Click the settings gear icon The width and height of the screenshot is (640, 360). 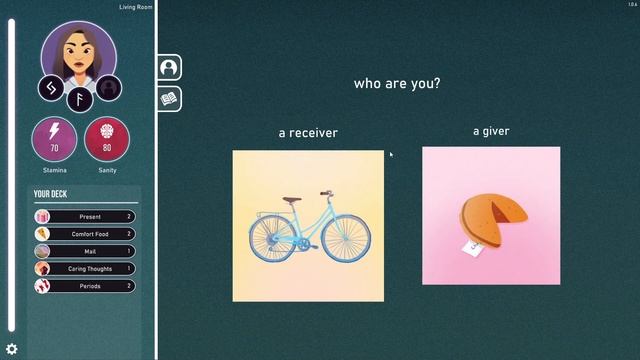(12, 349)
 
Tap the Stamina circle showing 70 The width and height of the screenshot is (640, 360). (54, 140)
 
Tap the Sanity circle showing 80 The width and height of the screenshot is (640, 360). (106, 140)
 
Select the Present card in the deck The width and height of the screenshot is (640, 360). (86, 217)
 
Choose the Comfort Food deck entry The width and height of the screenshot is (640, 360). (86, 234)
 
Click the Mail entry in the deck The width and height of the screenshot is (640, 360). (86, 252)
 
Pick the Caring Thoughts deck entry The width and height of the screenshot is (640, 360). (86, 269)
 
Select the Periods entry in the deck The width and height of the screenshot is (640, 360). (86, 286)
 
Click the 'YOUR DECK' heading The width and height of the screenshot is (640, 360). (50, 194)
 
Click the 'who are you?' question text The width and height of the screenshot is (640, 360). (397, 84)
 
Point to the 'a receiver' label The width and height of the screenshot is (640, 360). (308, 133)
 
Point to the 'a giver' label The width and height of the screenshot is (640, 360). (491, 131)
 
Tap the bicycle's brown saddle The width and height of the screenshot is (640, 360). (291, 199)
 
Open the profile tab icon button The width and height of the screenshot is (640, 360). (169, 67)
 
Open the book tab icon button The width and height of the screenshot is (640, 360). (169, 98)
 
